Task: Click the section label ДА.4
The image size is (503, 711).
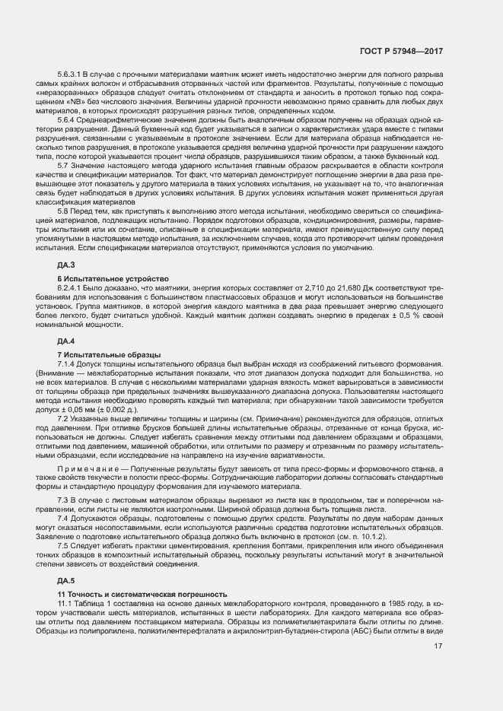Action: [x=66, y=340]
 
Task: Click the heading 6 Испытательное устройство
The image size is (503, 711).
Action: [x=107, y=278]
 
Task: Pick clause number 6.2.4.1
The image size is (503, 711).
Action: [x=72, y=289]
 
